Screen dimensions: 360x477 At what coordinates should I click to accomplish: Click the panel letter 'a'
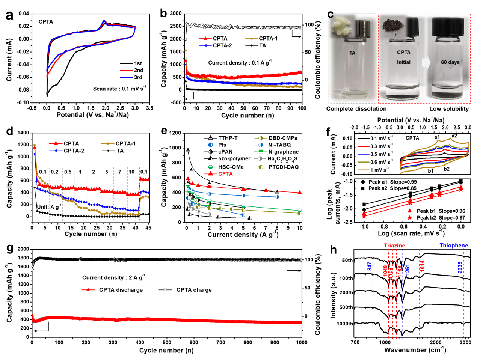pyautogui.click(x=9, y=15)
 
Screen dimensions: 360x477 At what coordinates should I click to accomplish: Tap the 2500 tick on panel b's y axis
pyautogui.click(x=176, y=26)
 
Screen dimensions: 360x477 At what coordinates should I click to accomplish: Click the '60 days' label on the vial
pyautogui.click(x=450, y=62)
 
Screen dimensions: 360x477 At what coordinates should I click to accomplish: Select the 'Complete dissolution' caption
pyautogui.click(x=356, y=109)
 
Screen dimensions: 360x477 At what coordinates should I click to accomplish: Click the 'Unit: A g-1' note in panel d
pyautogui.click(x=48, y=207)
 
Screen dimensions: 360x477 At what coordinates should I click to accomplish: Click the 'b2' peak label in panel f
pyautogui.click(x=447, y=169)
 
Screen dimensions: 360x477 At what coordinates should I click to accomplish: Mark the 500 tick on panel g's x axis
pyautogui.click(x=167, y=342)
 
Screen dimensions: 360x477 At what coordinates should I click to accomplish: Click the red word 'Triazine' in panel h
pyautogui.click(x=394, y=246)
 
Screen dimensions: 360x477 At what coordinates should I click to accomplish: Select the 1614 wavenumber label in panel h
pyautogui.click(x=422, y=267)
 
